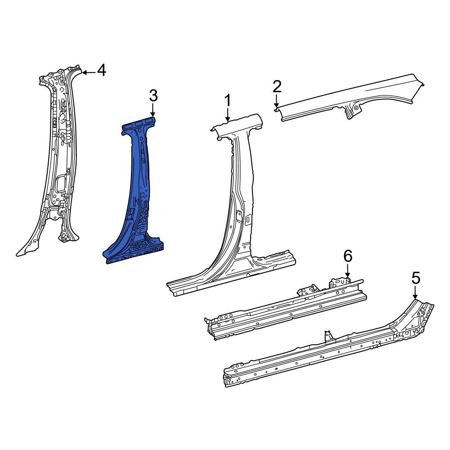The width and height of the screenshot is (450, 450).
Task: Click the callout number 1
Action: [228, 100]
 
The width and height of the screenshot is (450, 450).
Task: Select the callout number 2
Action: [277, 86]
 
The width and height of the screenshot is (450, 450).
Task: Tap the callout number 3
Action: [153, 96]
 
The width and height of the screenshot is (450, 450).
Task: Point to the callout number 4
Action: [101, 70]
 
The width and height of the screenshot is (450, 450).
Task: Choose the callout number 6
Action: [347, 256]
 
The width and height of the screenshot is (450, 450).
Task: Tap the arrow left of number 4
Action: [88, 72]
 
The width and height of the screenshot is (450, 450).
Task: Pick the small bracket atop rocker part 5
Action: [328, 336]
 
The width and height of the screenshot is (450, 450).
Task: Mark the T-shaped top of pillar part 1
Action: [237, 123]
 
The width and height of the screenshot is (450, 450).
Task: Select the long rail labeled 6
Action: [288, 310]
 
